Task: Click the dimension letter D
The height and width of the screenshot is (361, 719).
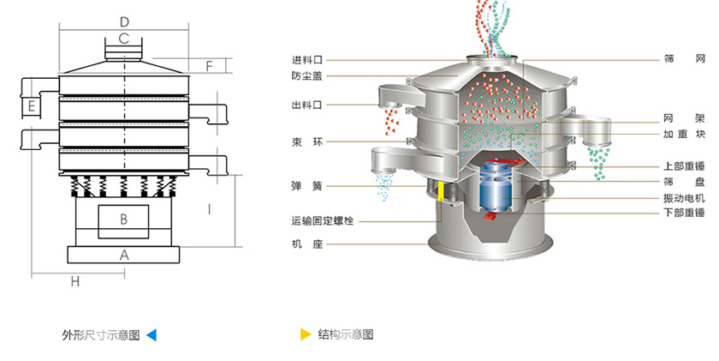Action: [125, 21]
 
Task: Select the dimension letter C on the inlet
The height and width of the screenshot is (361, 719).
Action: [124, 39]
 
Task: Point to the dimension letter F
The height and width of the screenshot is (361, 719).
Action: [210, 66]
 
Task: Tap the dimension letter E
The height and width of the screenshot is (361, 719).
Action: [30, 106]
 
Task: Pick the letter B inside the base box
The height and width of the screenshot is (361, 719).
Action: [123, 220]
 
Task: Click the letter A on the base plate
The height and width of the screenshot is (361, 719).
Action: [123, 255]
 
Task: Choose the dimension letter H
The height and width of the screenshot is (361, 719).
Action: [74, 281]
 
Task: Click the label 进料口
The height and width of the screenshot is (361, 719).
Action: [306, 60]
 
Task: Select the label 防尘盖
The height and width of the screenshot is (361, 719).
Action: [306, 75]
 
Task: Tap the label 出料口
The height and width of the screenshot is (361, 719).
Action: [306, 105]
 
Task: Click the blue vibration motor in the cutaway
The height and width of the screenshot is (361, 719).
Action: [495, 185]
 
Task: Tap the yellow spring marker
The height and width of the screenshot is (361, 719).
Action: [441, 191]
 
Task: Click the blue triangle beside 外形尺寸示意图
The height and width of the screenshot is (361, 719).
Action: [152, 334]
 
